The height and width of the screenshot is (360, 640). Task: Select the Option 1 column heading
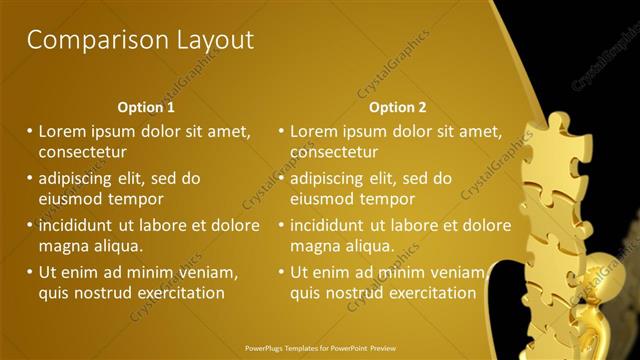tap(146, 107)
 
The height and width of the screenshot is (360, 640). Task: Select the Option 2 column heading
tap(397, 107)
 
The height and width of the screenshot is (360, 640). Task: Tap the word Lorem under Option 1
tap(63, 131)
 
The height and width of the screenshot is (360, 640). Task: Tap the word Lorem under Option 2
tap(314, 131)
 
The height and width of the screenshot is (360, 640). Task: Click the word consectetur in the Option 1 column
tap(82, 152)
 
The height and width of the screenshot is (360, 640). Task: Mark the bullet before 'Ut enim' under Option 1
tap(30, 272)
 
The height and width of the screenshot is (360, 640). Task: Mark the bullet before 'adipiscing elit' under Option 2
tap(281, 179)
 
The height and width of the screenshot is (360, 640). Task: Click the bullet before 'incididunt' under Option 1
tap(30, 225)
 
